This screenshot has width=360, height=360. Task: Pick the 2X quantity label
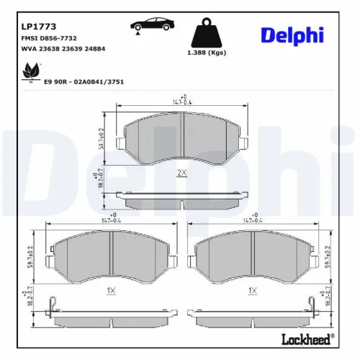(x=182, y=173)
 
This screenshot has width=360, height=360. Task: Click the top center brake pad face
(x=182, y=138)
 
